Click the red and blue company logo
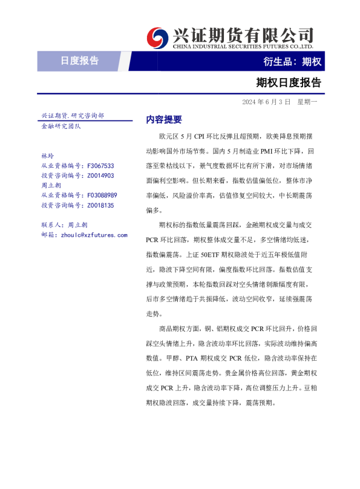click(x=159, y=37)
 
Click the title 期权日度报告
click(x=288, y=82)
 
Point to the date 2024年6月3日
click(x=266, y=102)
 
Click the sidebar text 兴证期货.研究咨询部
click(x=72, y=115)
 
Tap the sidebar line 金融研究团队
click(x=61, y=126)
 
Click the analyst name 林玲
click(x=48, y=156)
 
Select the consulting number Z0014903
click(x=100, y=176)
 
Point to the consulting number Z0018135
click(x=100, y=206)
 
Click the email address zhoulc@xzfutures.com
click(x=94, y=234)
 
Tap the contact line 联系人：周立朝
click(x=64, y=225)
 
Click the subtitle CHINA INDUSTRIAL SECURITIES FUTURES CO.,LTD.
click(x=243, y=46)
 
